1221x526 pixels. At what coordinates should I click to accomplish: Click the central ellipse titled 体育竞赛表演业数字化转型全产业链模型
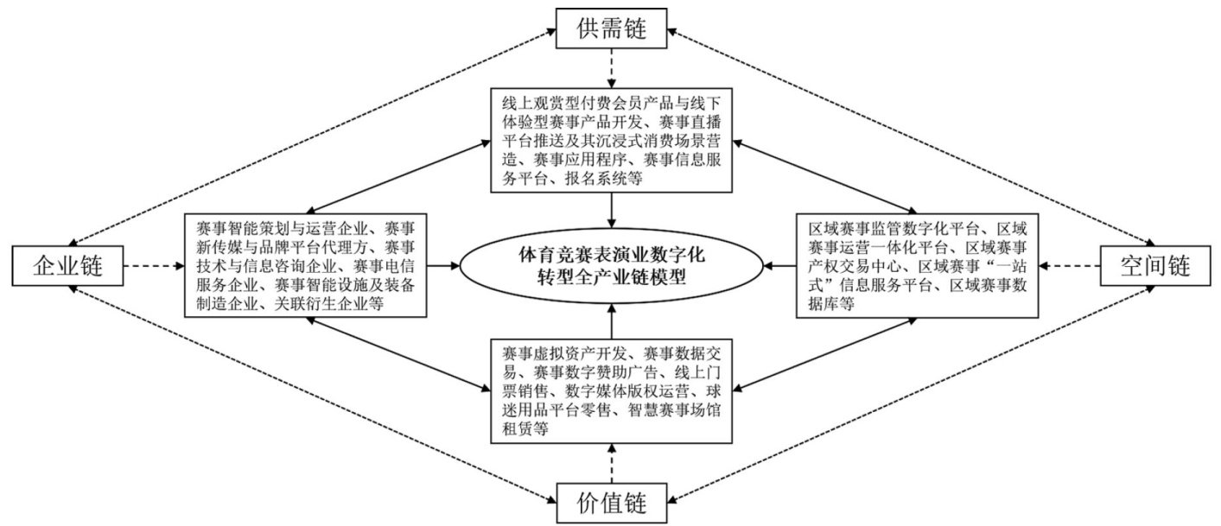point(611,266)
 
